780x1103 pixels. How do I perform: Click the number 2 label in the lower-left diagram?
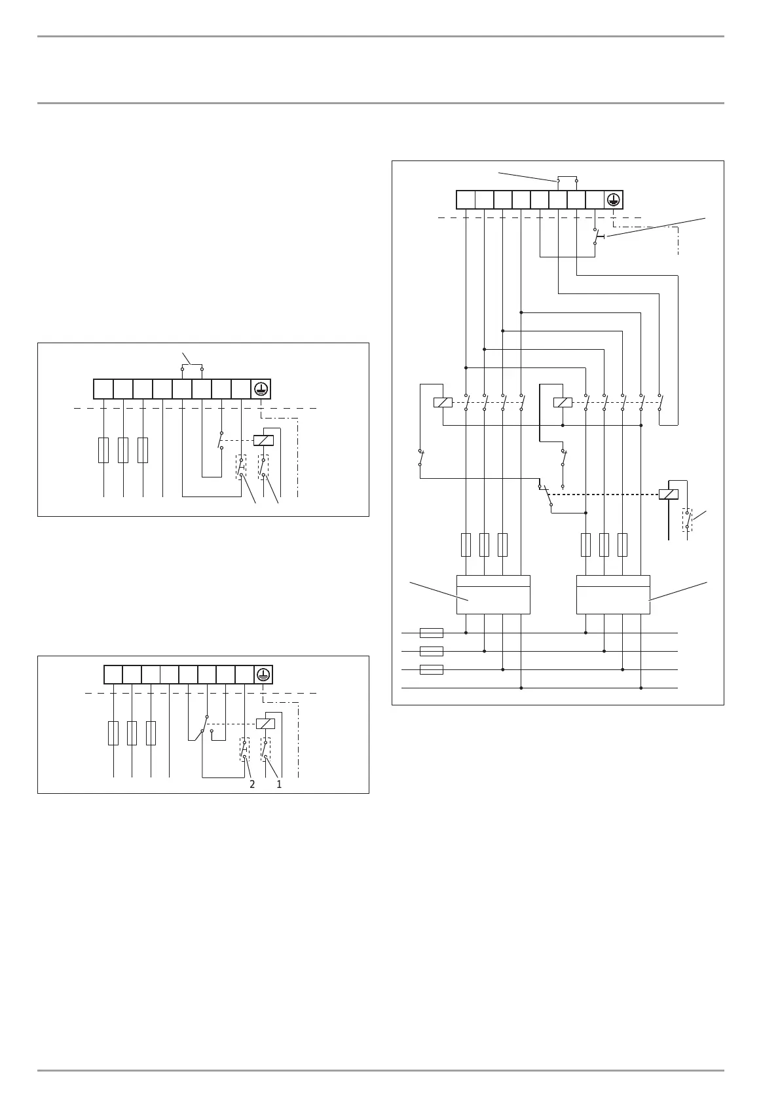click(252, 784)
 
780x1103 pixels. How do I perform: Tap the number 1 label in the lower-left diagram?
click(279, 784)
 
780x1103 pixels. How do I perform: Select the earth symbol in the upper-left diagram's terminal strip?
click(261, 389)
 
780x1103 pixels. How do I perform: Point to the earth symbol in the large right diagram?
click(614, 200)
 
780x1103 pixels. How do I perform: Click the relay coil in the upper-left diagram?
click(263, 440)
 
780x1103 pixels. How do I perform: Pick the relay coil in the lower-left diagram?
click(265, 724)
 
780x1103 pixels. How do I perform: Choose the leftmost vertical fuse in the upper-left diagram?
click(103, 450)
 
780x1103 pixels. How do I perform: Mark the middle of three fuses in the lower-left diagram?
click(132, 733)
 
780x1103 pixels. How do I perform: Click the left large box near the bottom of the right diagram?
click(493, 595)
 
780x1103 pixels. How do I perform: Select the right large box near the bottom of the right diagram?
click(613, 595)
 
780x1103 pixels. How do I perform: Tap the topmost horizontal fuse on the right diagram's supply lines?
click(431, 633)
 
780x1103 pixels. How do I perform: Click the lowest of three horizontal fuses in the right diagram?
click(431, 669)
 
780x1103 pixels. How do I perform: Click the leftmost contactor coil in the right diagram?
click(443, 402)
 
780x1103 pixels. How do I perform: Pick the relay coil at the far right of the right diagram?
click(669, 494)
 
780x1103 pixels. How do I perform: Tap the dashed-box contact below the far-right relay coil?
click(687, 519)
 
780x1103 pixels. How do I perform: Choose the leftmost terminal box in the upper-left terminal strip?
click(103, 389)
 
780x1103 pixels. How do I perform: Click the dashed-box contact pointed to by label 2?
click(244, 749)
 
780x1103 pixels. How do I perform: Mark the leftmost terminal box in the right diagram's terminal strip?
click(466, 200)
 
